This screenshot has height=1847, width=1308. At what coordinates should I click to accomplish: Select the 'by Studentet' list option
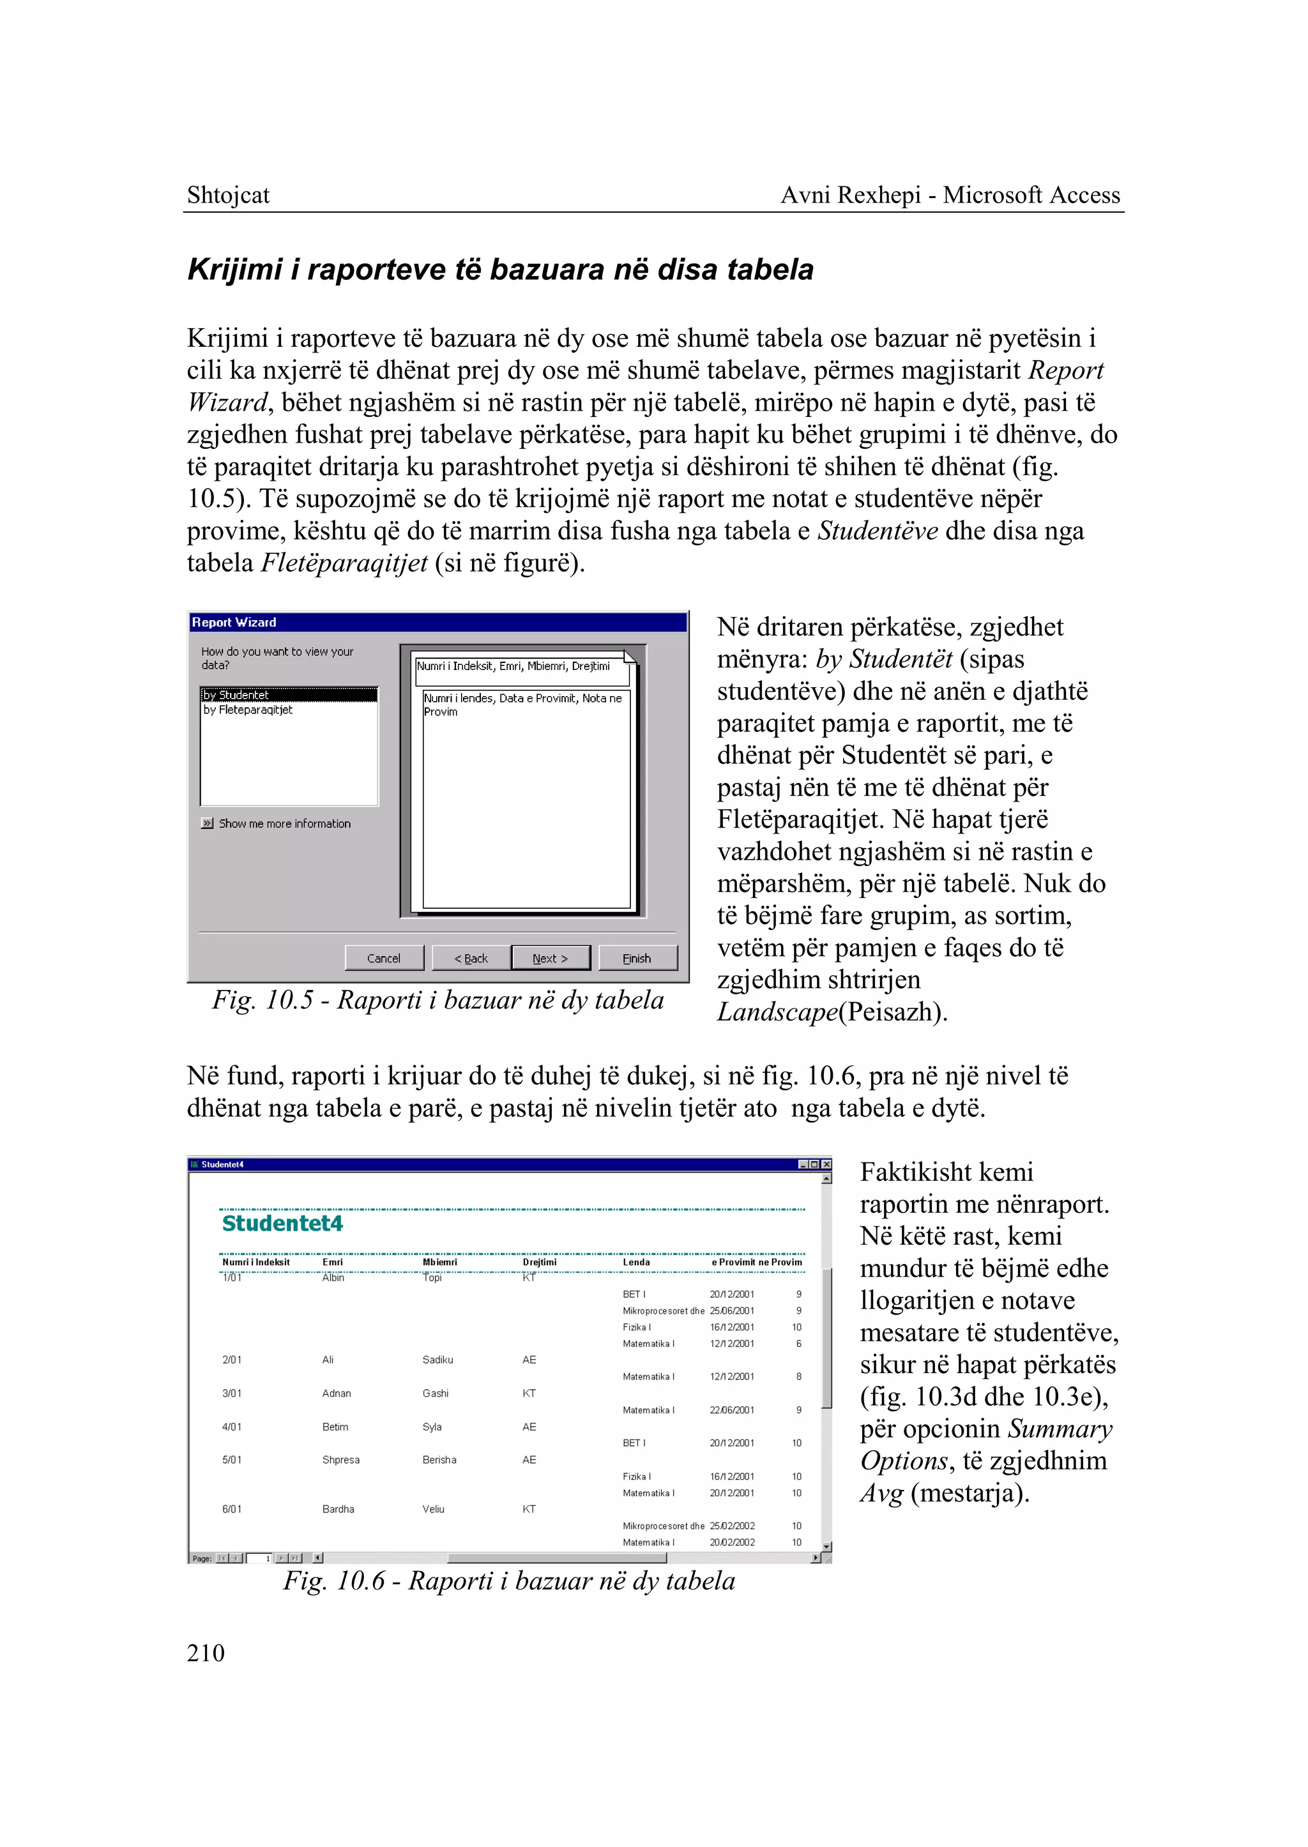coord(288,694)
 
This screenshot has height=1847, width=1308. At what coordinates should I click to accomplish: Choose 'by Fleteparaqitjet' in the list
coord(248,710)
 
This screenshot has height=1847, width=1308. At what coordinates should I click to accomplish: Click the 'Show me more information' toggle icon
coord(208,823)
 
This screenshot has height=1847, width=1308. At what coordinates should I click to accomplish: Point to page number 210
coord(206,1653)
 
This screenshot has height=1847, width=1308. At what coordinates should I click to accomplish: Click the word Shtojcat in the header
coord(228,195)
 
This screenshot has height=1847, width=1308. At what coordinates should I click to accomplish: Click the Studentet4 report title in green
coord(283,1224)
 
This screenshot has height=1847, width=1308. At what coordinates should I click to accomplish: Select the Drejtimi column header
coord(540,1262)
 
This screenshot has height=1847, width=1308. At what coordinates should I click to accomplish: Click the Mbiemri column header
coord(440,1262)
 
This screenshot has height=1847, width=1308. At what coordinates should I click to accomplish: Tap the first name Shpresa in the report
coord(340,1459)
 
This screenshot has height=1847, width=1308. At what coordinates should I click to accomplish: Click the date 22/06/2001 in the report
coord(732,1410)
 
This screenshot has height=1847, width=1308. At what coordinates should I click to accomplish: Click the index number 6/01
coord(232,1509)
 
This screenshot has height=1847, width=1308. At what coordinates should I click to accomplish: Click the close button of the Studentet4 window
coord(826,1164)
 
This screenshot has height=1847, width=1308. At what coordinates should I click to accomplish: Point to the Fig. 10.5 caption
coord(438,1000)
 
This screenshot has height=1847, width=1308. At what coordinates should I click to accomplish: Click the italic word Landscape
coord(777,1012)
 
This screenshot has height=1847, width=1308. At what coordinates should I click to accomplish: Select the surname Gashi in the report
coord(436,1393)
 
